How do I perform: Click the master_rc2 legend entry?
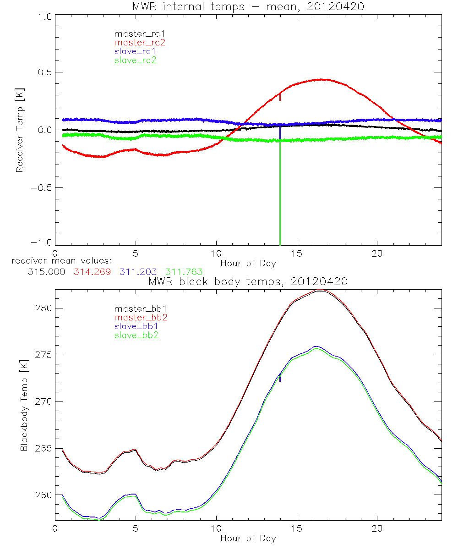(x=140, y=42)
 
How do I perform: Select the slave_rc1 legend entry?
(x=135, y=51)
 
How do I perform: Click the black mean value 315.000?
(x=46, y=272)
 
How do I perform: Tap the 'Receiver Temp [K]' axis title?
(x=19, y=130)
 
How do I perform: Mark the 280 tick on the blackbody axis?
(x=44, y=308)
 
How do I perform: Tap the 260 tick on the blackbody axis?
(x=44, y=495)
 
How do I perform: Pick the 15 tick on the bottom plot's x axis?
(x=297, y=528)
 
